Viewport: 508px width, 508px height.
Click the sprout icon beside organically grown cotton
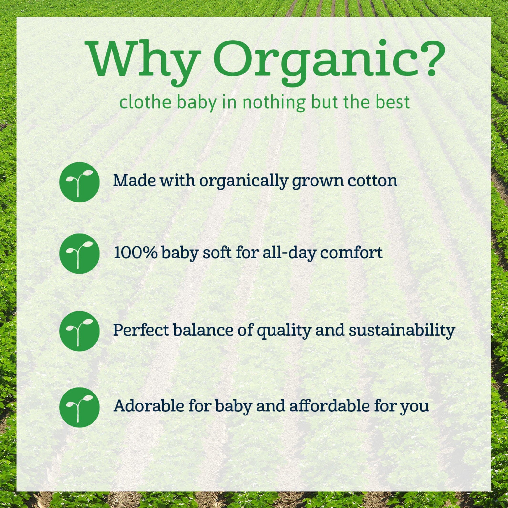(79, 182)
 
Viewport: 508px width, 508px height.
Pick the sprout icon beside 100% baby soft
(79, 254)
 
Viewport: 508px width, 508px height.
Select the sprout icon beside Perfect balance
(79, 331)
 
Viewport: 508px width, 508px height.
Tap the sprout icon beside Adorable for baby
(79, 407)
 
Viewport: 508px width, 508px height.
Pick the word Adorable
(149, 406)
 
